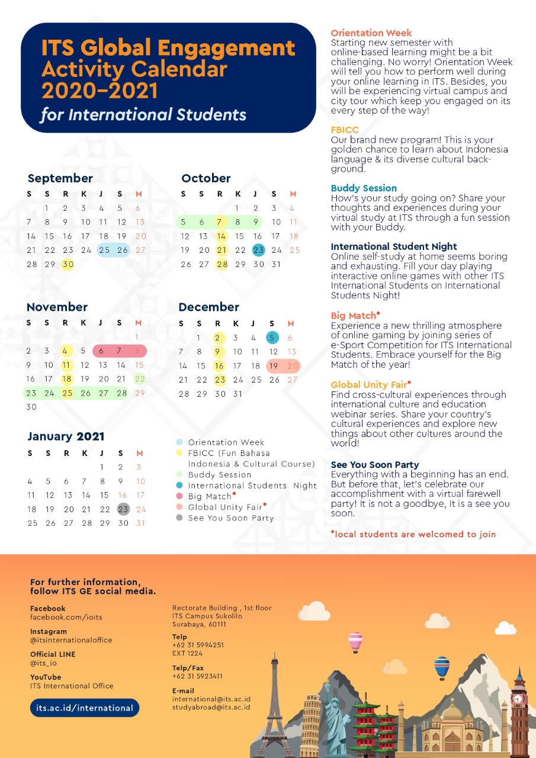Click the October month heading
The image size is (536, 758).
coord(206,178)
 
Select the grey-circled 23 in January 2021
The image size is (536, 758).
coord(123,509)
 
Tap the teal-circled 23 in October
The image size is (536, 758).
coord(258,250)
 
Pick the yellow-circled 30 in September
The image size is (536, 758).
coord(68,264)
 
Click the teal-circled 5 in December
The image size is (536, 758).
coord(272,338)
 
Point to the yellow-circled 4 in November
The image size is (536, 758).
coord(66,351)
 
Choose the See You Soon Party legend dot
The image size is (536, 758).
coord(179,518)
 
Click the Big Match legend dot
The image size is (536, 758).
coord(179,496)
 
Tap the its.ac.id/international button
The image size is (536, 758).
coord(84,708)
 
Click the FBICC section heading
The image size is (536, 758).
coord(345,130)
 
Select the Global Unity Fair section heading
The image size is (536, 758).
coord(371,385)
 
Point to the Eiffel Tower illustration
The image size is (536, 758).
coord(274,705)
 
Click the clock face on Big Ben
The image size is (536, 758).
coord(518,699)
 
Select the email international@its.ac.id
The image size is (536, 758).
coord(211,699)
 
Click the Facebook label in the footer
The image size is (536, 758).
coord(47,608)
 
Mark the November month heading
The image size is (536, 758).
coord(57,307)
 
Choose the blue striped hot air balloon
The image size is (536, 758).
coord(441,666)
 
